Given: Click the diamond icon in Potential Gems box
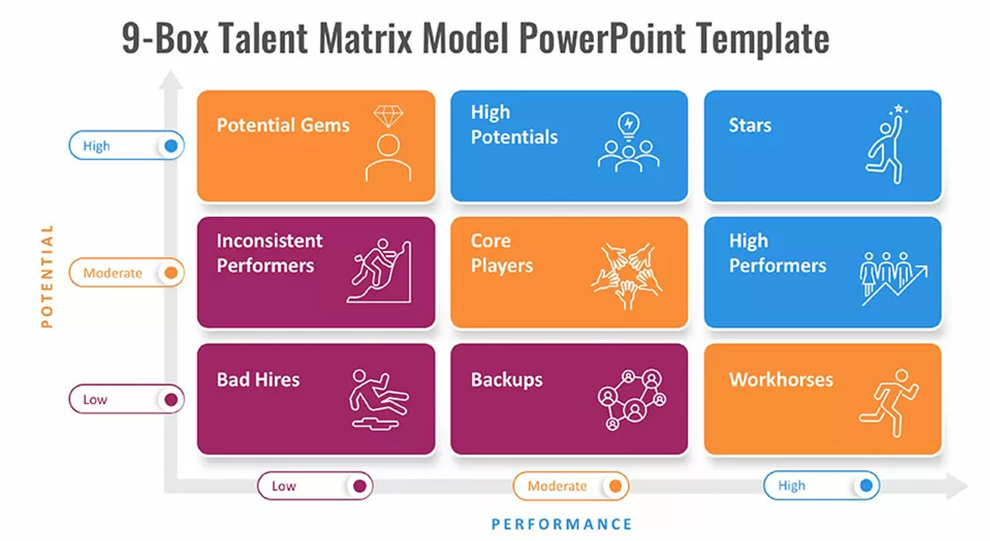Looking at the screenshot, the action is (388, 116).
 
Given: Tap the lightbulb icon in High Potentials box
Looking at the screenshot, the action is (629, 126).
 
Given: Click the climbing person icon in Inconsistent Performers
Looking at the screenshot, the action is (379, 271).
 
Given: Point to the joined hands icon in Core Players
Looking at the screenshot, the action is (627, 276).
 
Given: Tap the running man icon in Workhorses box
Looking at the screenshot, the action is (889, 403).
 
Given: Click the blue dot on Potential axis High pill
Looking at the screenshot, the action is (171, 145).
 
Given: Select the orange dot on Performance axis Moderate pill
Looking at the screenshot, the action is (615, 486).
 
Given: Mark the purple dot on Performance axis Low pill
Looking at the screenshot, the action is (360, 486).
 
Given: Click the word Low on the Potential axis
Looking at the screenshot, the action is (95, 400).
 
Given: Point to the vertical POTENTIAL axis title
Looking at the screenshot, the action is (47, 277).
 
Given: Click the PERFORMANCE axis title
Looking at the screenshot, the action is (562, 524).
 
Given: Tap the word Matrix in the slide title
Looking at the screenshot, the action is (365, 38).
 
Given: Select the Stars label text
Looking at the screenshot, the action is (750, 126).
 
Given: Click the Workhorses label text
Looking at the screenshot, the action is (781, 380).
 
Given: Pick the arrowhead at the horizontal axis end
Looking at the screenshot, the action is (958, 486).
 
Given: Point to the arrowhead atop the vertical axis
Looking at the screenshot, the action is (171, 79).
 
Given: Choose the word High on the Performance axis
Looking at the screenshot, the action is (791, 486).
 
